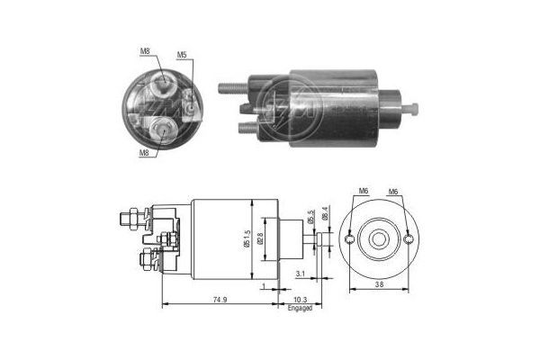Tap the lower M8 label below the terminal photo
click(143, 153)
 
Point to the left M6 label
click(364, 192)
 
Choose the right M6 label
click(392, 192)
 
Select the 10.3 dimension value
click(301, 299)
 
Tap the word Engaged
click(300, 309)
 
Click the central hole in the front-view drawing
click(379, 238)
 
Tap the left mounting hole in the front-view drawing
click(349, 239)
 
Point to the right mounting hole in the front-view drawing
click(409, 239)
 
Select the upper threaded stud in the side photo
click(230, 87)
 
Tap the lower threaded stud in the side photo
click(247, 127)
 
